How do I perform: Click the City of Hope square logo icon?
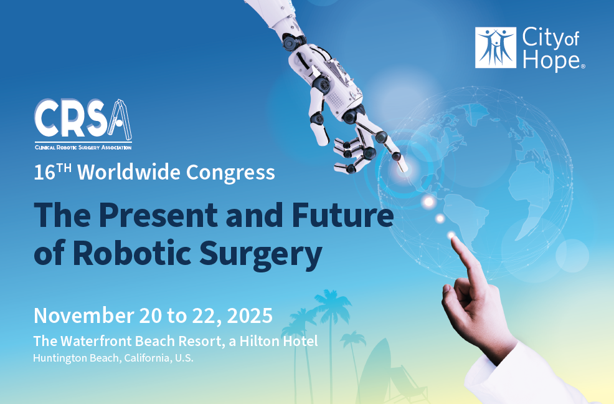click(x=495, y=47)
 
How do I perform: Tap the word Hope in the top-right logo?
click(x=551, y=61)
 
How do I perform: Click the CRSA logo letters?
click(x=83, y=119)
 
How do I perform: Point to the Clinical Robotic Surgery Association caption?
click(x=83, y=148)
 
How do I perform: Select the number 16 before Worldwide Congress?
click(x=44, y=173)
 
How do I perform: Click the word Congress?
click(x=230, y=173)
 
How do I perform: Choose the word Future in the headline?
click(x=342, y=215)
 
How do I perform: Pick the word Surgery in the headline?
click(x=260, y=255)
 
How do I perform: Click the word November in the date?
click(x=84, y=315)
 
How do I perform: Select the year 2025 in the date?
click(x=250, y=315)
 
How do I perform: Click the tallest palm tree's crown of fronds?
click(x=332, y=301)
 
